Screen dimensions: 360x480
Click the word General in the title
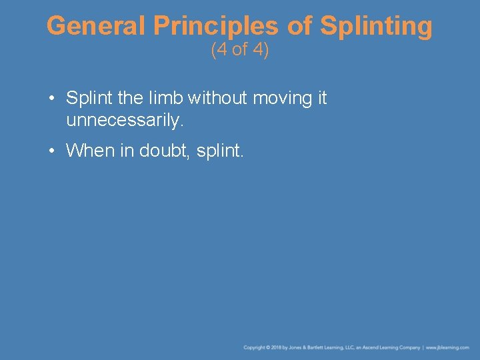[x=96, y=27]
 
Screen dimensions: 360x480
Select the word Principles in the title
[x=215, y=27]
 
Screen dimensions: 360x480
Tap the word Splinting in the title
[x=376, y=27]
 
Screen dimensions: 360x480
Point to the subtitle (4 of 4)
[x=239, y=51]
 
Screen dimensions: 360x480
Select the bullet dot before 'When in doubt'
[x=51, y=151]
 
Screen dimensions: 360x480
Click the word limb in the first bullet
[x=165, y=99]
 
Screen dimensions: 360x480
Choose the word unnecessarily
[x=124, y=121]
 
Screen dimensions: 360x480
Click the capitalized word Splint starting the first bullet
[x=87, y=99]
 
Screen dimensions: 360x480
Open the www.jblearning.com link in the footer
[x=447, y=348]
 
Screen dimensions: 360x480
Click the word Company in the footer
[x=409, y=348]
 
